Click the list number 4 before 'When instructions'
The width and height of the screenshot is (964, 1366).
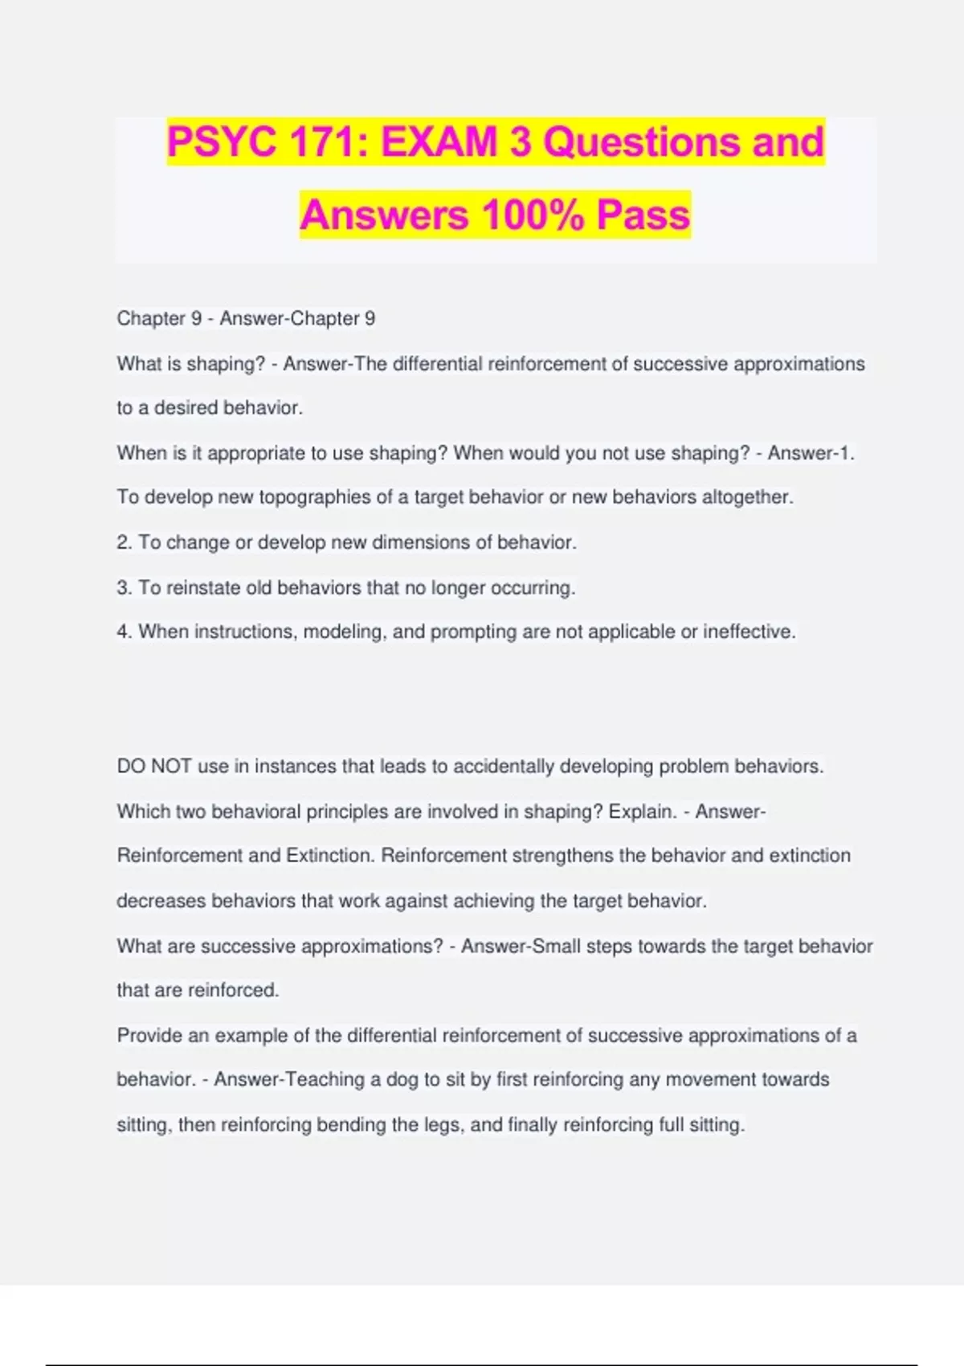(123, 632)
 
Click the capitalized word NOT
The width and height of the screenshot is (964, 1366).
(171, 767)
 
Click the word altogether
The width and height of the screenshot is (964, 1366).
(747, 497)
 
